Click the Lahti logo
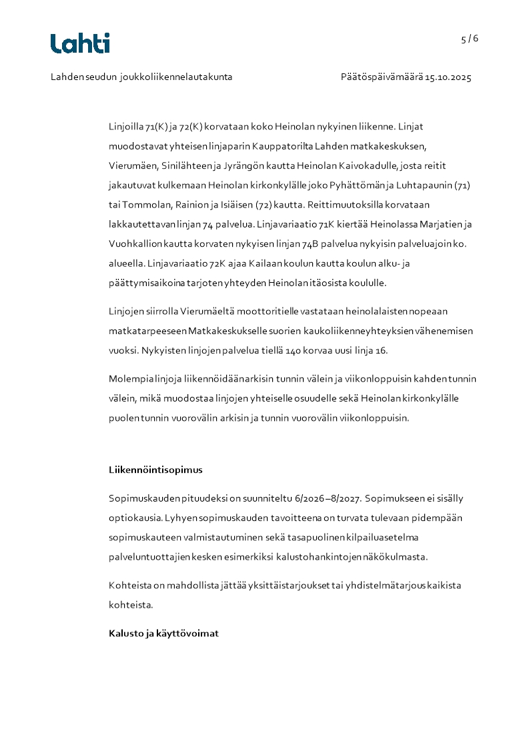(x=80, y=43)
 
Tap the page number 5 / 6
(x=470, y=39)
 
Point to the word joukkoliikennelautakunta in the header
(x=176, y=77)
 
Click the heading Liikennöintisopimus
(x=155, y=470)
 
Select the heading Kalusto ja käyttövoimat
(x=163, y=633)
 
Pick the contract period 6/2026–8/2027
(x=315, y=498)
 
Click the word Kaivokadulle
(x=364, y=165)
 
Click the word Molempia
(x=129, y=379)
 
